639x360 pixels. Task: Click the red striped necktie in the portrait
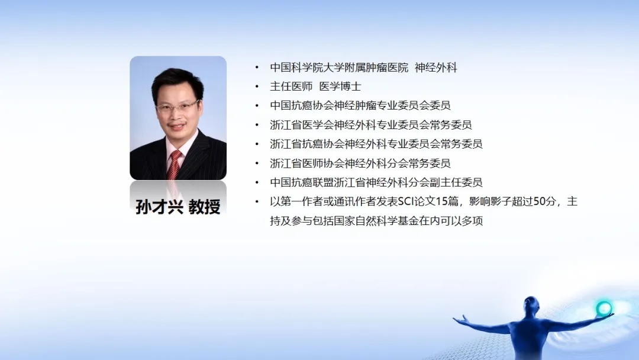[175, 165]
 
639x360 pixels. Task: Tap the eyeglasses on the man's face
[177, 107]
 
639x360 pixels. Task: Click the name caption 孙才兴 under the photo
[159, 207]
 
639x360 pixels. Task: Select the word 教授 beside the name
[204, 207]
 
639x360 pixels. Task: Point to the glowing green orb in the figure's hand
[604, 308]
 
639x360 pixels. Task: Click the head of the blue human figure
[531, 304]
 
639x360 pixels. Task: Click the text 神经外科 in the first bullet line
[435, 67]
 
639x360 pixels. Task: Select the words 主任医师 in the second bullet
[291, 86]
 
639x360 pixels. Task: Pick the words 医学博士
[340, 86]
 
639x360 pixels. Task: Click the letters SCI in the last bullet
[406, 202]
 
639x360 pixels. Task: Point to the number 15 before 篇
[442, 202]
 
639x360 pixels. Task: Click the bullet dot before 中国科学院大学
[257, 67]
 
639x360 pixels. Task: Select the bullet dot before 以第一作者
[257, 202]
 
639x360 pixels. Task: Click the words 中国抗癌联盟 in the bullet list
[302, 182]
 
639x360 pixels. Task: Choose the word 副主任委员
[456, 182]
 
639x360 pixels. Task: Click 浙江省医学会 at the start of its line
[302, 125]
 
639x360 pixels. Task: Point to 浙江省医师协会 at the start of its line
[307, 163]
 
